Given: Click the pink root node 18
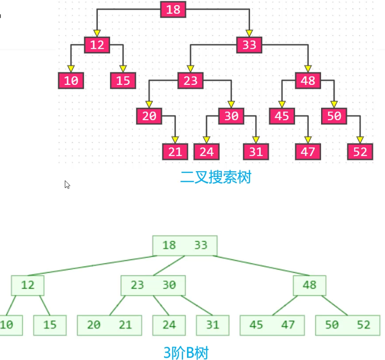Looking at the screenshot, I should click(x=173, y=9).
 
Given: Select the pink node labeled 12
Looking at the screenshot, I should click(x=97, y=45).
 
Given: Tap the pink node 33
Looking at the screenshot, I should click(x=249, y=45).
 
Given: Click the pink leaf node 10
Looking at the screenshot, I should click(x=71, y=80).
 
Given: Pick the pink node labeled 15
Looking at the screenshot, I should click(x=123, y=80).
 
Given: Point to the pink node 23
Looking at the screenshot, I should click(x=190, y=80).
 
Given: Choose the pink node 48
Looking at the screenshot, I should click(x=307, y=80).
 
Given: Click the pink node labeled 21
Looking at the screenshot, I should click(x=175, y=151).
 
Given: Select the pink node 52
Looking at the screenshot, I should click(x=360, y=151).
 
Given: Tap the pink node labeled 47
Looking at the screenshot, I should click(x=307, y=151).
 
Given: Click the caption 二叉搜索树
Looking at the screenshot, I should click(x=215, y=177).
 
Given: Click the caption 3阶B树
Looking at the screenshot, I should click(x=186, y=352).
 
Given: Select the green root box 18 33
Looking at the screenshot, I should click(x=185, y=245).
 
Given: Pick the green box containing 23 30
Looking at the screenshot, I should click(x=153, y=285).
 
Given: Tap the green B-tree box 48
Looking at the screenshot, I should click(x=310, y=285).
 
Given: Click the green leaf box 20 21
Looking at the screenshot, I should click(x=109, y=325).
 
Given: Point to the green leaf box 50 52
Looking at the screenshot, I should click(x=348, y=325).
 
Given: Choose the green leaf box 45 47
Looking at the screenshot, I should click(x=272, y=325).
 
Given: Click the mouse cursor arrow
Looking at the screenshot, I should click(x=67, y=184).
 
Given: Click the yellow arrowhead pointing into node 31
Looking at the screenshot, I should click(x=256, y=139).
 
